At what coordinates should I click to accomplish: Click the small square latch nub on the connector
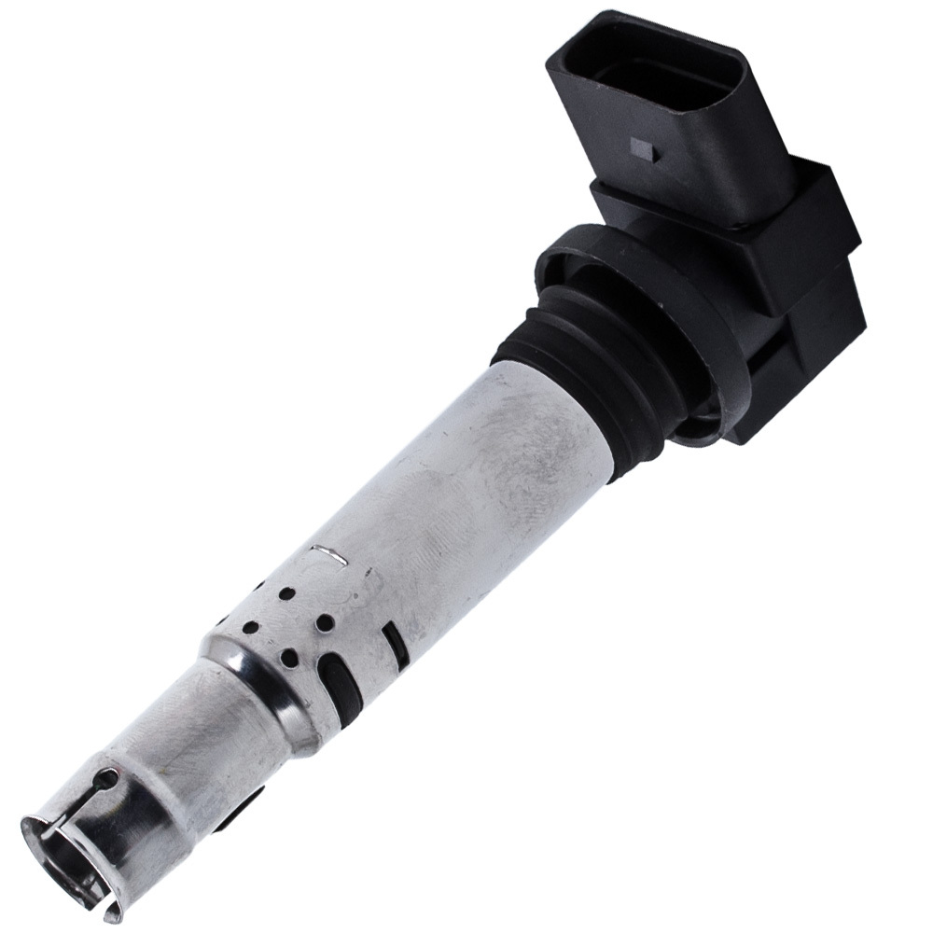click(x=643, y=146)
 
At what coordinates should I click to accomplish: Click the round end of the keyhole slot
click(x=111, y=777)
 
